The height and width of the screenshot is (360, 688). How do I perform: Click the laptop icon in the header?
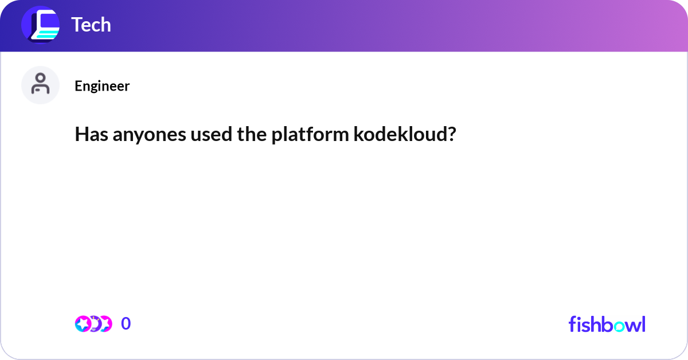40,25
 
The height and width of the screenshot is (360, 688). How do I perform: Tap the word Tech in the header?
91,25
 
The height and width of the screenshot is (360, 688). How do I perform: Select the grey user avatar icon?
40,85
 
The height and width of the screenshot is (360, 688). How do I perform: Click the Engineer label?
102,86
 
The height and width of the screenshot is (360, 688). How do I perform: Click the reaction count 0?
126,324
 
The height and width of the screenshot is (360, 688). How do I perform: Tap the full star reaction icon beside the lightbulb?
83,324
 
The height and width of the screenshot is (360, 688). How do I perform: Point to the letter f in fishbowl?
572,324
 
